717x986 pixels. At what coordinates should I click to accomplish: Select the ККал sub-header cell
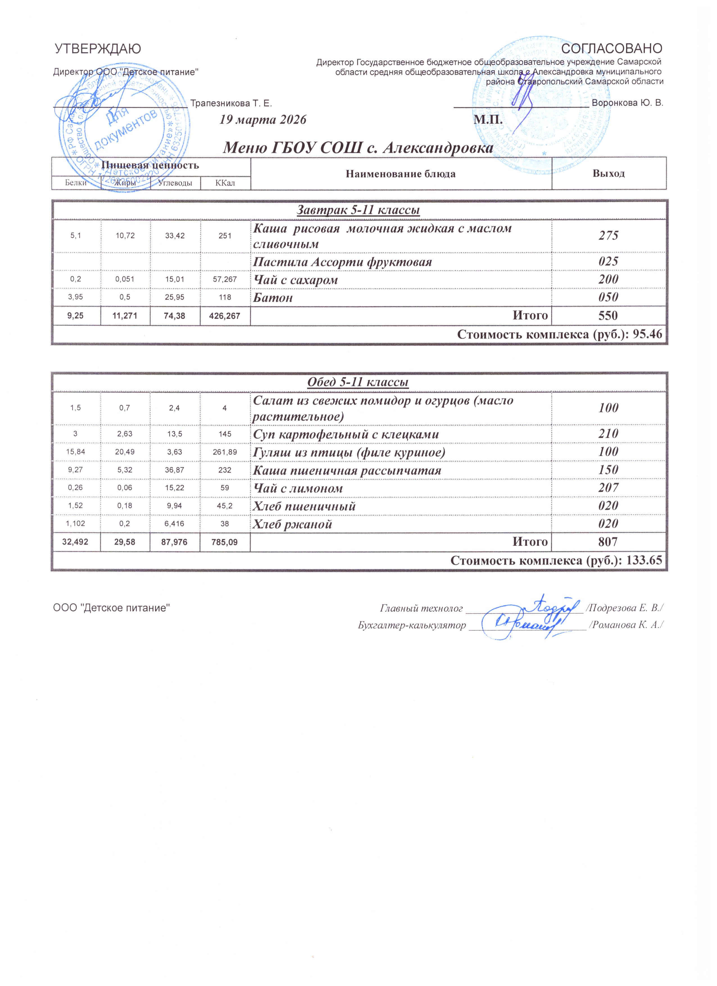click(x=225, y=183)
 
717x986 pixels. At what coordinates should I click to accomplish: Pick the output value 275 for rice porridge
click(x=608, y=236)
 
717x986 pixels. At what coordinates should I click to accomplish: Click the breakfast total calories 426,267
click(x=225, y=316)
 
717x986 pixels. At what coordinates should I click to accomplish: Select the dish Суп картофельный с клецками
click(x=346, y=434)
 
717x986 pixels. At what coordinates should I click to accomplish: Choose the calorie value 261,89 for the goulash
click(x=225, y=453)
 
